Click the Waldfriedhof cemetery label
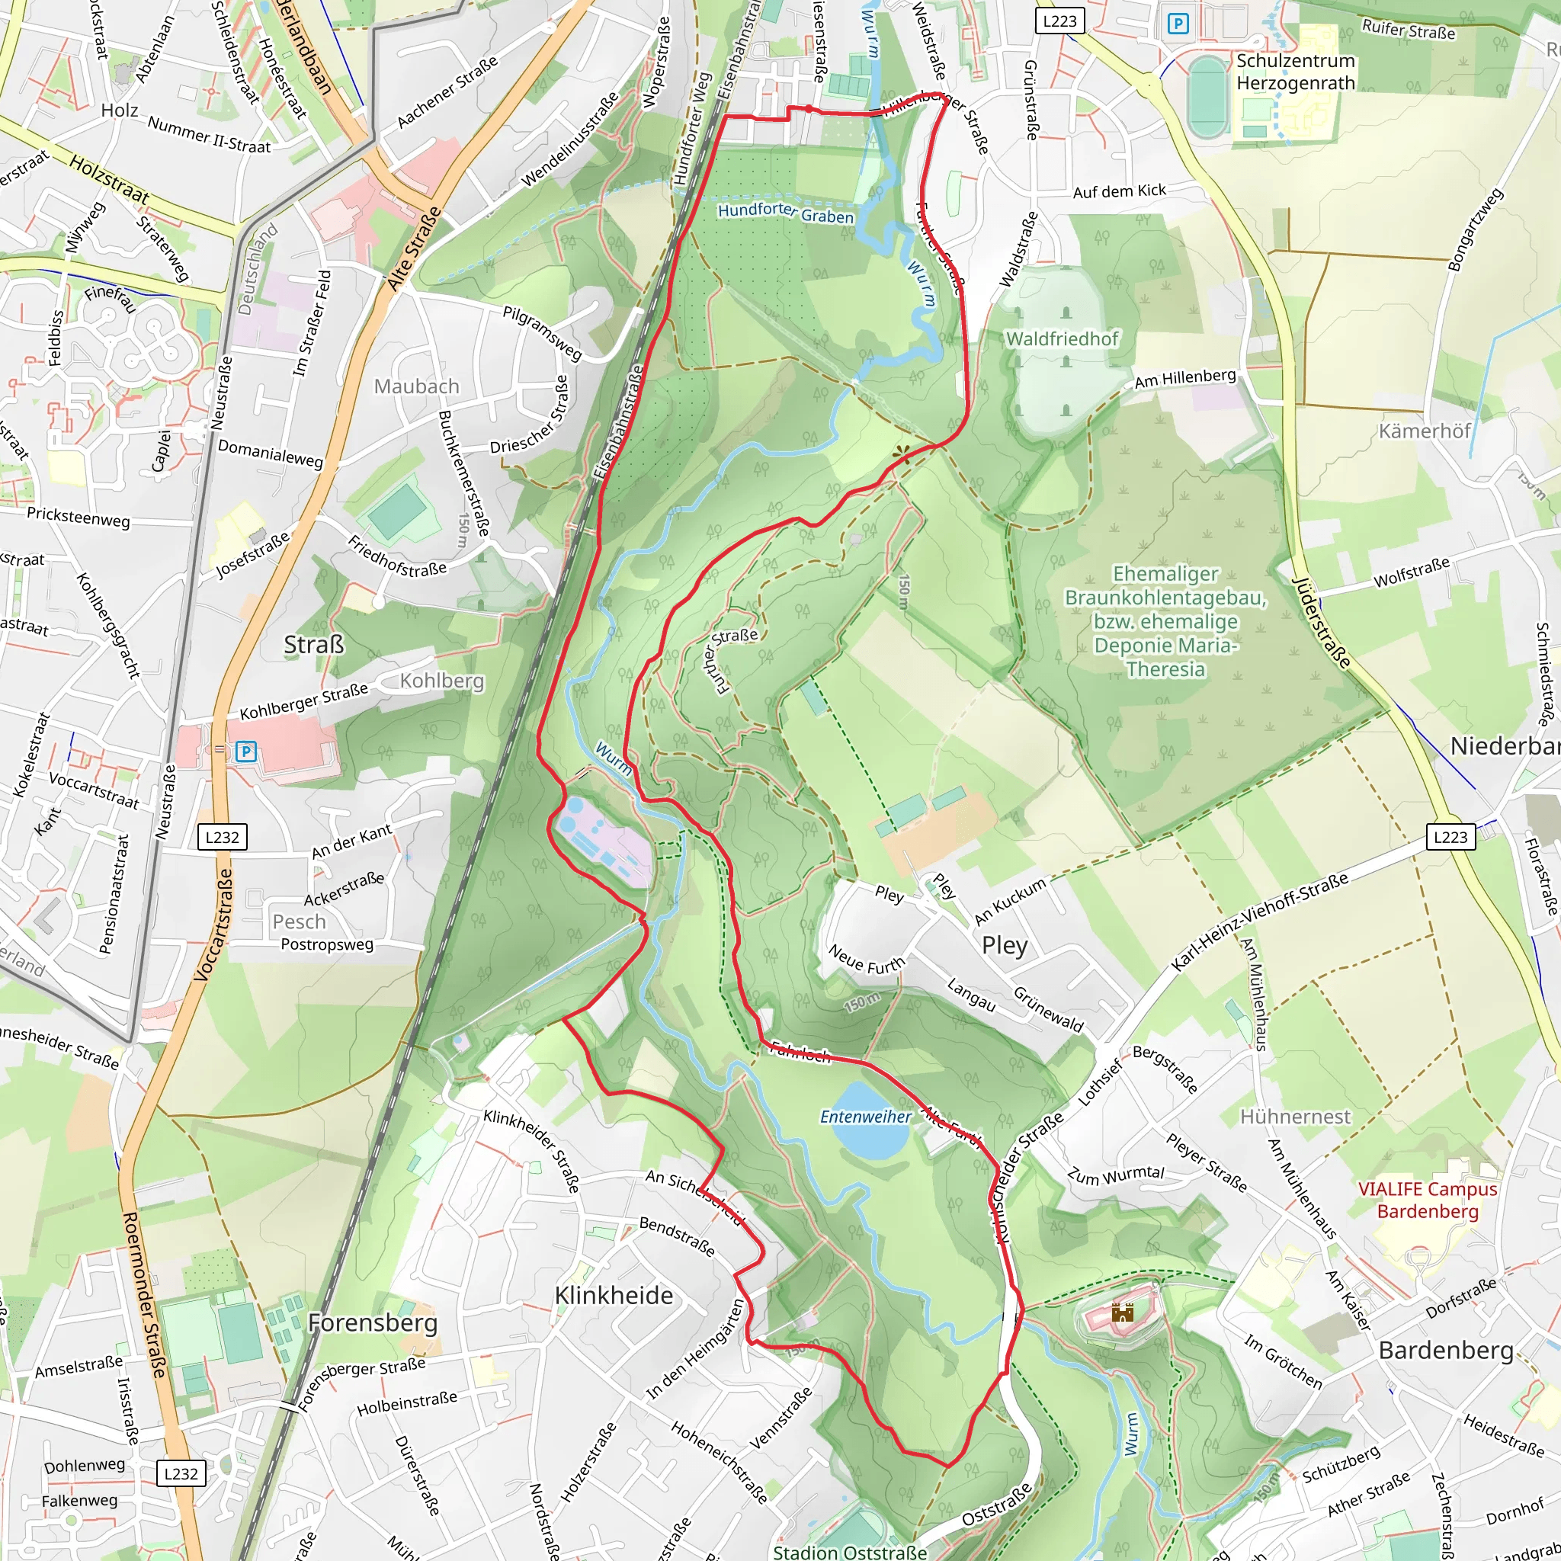coord(1062,338)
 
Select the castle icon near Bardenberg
coord(1122,1313)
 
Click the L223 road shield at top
coord(1059,21)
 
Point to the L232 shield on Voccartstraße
coord(223,837)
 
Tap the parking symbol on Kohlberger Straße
coord(245,752)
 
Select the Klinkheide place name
coord(614,1295)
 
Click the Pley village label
coord(1005,945)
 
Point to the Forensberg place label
coord(373,1322)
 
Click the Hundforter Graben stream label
coord(785,213)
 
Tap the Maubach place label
coord(416,387)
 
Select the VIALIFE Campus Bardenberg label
coord(1428,1200)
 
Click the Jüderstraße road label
coord(1320,623)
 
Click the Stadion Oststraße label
coord(850,1551)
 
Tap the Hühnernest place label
coord(1295,1117)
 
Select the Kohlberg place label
coord(442,681)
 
